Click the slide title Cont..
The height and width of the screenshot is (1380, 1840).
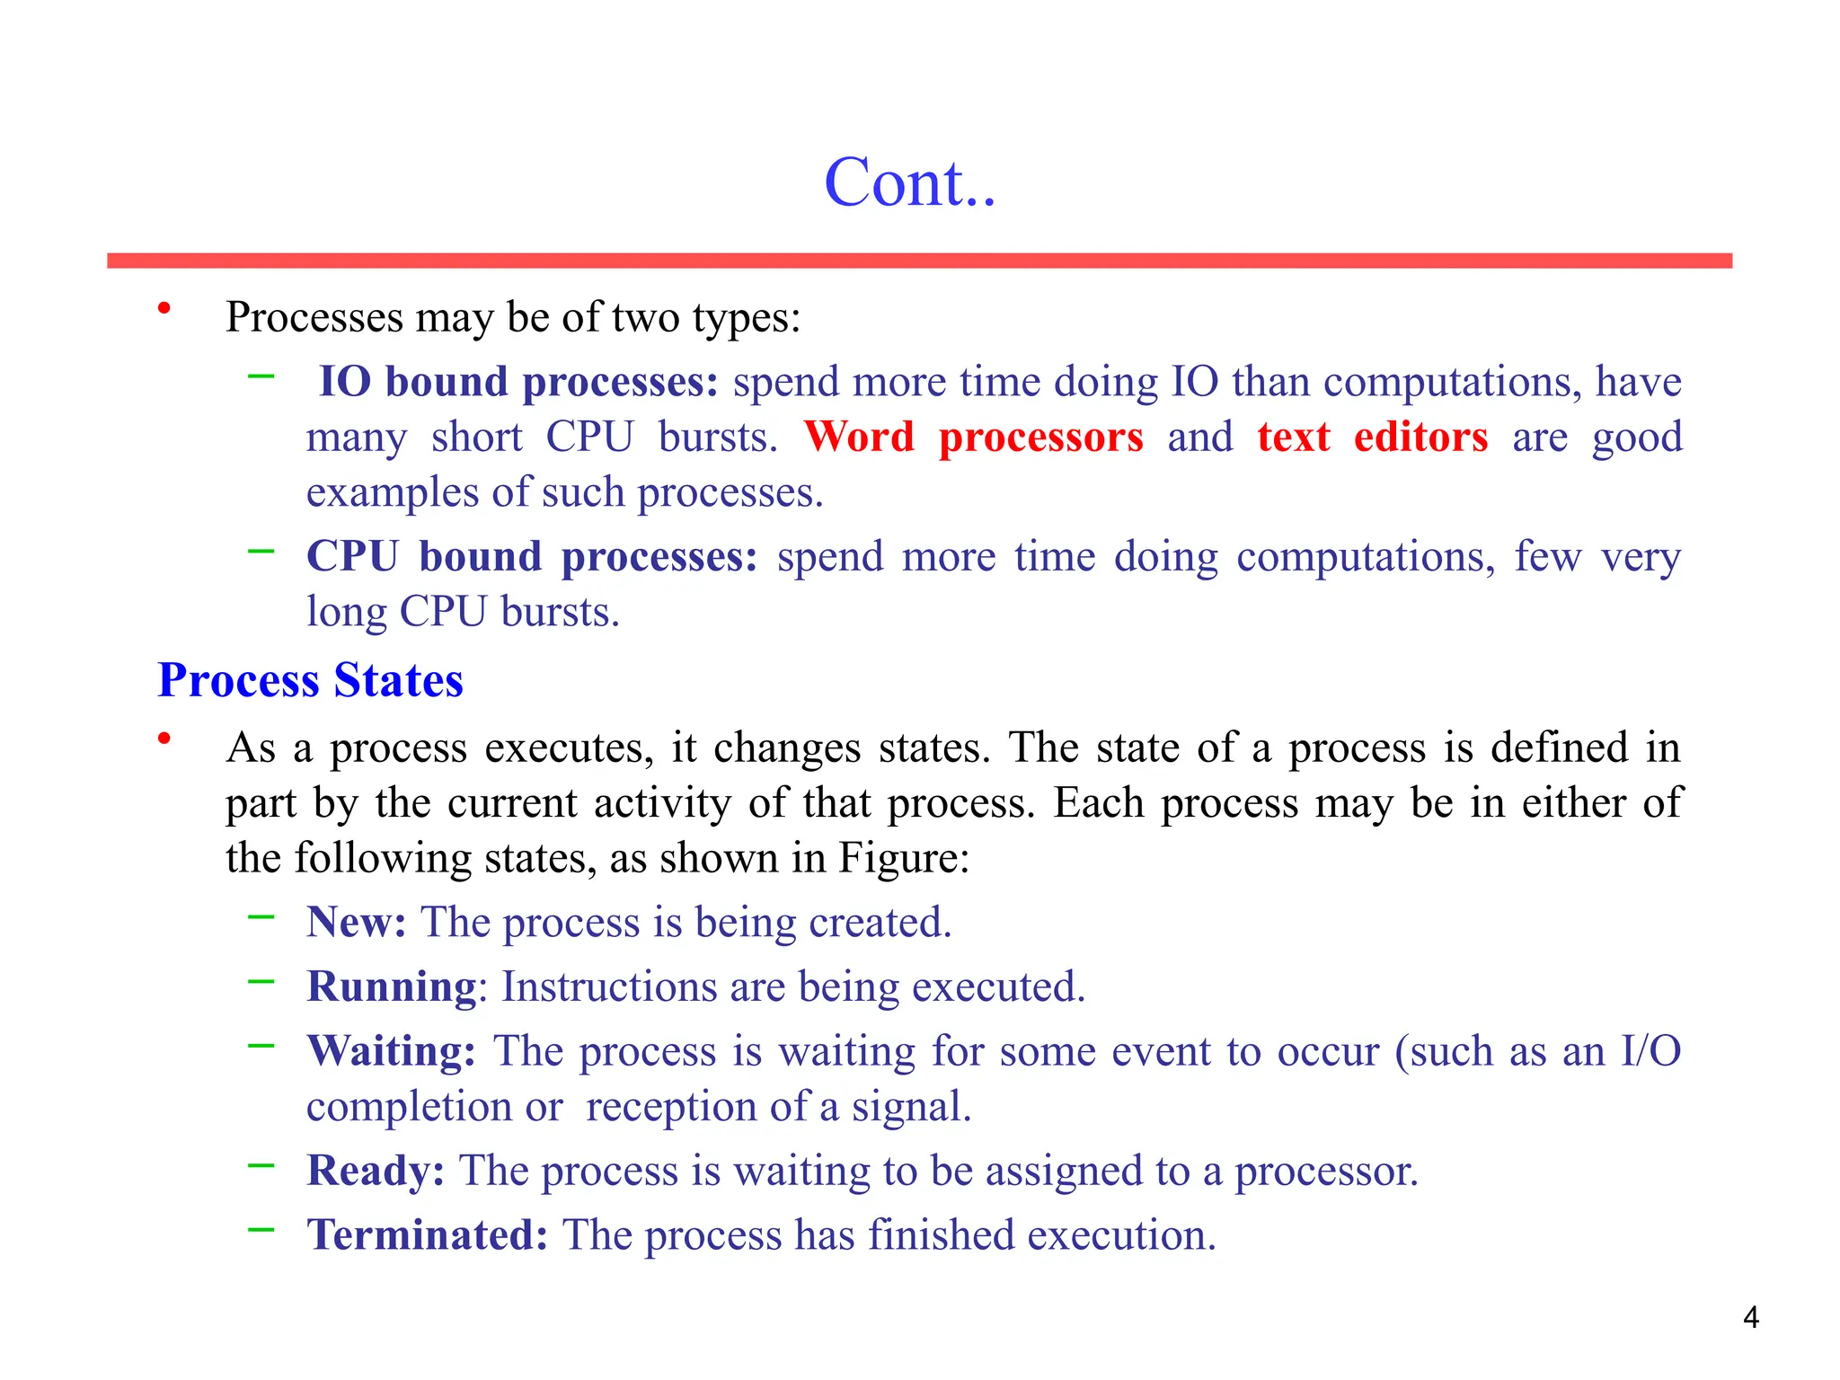(x=909, y=182)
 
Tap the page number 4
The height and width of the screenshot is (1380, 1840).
(x=1750, y=1317)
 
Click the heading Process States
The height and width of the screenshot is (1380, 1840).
(x=310, y=680)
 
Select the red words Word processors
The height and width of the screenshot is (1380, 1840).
(x=973, y=438)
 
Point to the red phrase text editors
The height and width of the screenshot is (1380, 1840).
(x=1372, y=438)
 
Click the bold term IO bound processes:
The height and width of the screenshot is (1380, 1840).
(x=518, y=382)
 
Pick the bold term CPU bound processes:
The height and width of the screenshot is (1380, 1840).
(x=532, y=556)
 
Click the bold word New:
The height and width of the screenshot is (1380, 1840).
(x=357, y=922)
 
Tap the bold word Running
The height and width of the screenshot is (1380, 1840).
(x=391, y=986)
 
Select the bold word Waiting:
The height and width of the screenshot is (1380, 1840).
(x=391, y=1051)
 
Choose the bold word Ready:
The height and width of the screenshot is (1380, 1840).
(x=376, y=1171)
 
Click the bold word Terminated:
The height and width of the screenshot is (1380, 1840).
(x=427, y=1235)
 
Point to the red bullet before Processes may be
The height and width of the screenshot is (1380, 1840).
(x=164, y=309)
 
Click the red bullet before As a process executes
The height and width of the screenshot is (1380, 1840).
(x=164, y=739)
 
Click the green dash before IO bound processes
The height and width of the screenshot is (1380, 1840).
(x=261, y=376)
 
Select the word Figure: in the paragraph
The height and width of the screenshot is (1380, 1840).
(x=904, y=858)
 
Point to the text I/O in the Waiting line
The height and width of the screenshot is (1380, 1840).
(x=1650, y=1051)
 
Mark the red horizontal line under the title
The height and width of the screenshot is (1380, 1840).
(x=919, y=261)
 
